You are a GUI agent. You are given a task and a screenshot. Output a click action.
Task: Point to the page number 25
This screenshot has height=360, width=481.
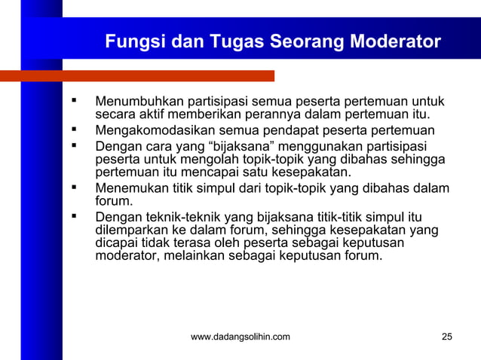pyautogui.click(x=447, y=337)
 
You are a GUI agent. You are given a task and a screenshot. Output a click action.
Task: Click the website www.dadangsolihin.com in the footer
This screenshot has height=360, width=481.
pyautogui.click(x=240, y=337)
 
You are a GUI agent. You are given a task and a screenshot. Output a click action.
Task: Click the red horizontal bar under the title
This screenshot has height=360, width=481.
pyautogui.click(x=136, y=75)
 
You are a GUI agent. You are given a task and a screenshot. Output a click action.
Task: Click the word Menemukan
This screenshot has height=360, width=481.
pyautogui.click(x=130, y=188)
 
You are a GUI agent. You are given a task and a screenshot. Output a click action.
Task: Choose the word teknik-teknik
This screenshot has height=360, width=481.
pyautogui.click(x=182, y=217)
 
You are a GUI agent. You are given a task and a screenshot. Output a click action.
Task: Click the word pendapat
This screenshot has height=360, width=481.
pyautogui.click(x=280, y=130)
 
